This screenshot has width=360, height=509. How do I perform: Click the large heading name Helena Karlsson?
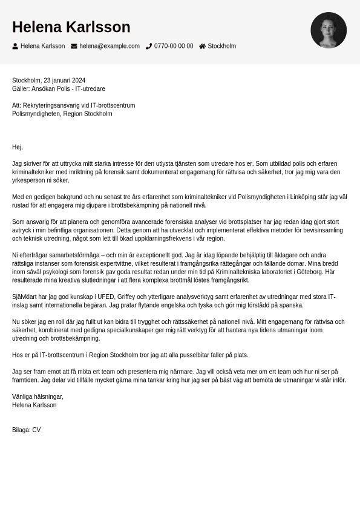coord(71,27)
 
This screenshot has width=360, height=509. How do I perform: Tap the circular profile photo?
coord(329,30)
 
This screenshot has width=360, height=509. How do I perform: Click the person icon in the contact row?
coord(15,46)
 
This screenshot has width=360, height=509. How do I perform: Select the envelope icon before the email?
coord(74,46)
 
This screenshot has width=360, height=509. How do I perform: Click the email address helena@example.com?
coord(109,46)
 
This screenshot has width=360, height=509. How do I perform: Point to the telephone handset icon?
coord(149,46)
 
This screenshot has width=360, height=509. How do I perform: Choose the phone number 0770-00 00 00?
coord(174,46)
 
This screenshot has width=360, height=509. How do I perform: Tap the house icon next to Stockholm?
coord(202,46)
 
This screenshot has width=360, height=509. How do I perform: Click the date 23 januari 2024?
coord(64,80)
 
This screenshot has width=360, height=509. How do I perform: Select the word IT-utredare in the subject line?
coord(90,89)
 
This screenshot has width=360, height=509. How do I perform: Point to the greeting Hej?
coord(17,147)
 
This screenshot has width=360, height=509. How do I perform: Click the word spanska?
coord(290,306)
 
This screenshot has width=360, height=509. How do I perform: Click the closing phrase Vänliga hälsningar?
coord(38,397)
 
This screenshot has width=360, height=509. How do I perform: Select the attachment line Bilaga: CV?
coord(26,430)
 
